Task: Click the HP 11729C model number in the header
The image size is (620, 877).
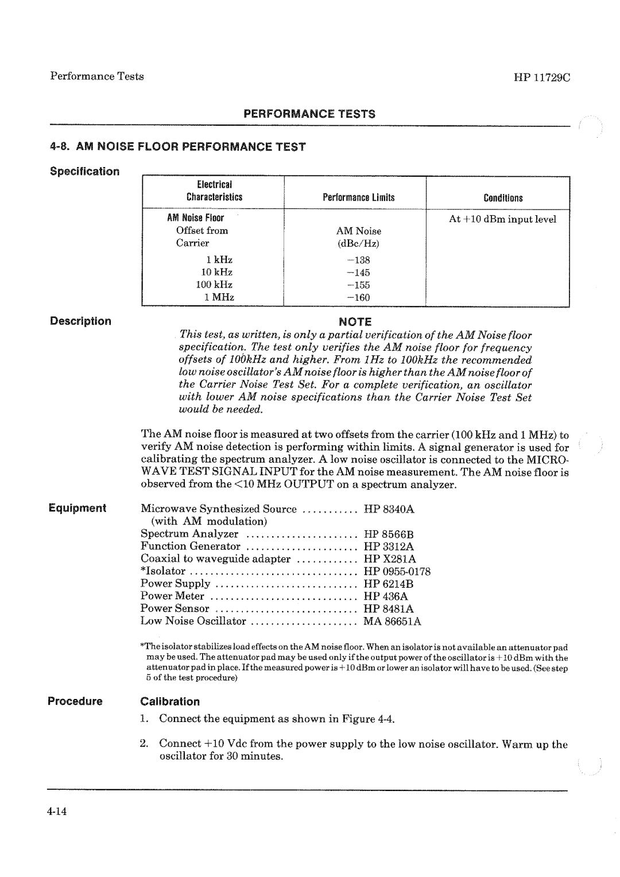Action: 538,77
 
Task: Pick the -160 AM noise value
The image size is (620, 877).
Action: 359,297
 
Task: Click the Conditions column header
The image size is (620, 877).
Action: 503,198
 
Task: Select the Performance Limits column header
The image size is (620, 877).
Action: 359,198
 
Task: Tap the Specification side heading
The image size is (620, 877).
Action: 84,172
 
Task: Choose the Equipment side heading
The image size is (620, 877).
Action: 77,508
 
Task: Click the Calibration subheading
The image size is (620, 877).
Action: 170,701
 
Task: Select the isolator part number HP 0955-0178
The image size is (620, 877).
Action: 397,572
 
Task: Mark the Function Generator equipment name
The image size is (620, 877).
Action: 191,546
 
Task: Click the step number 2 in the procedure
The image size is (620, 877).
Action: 144,744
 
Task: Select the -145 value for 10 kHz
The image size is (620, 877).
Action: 359,273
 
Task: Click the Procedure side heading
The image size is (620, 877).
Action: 75,701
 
